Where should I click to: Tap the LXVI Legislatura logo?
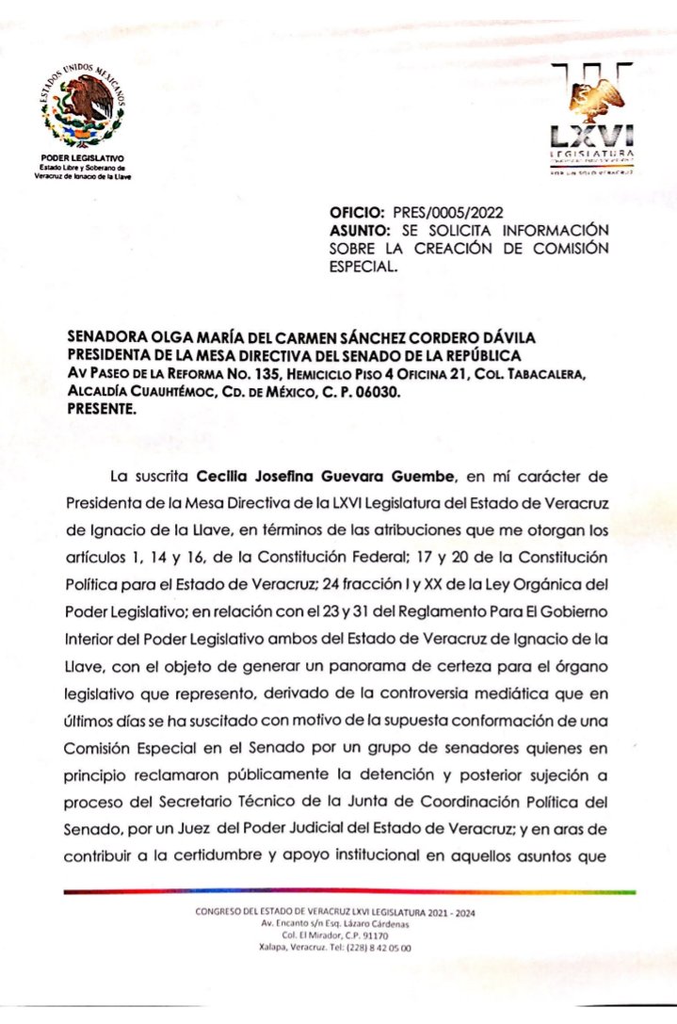591,118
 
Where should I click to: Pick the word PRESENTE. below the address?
103,409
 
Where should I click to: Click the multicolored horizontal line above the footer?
348,890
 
